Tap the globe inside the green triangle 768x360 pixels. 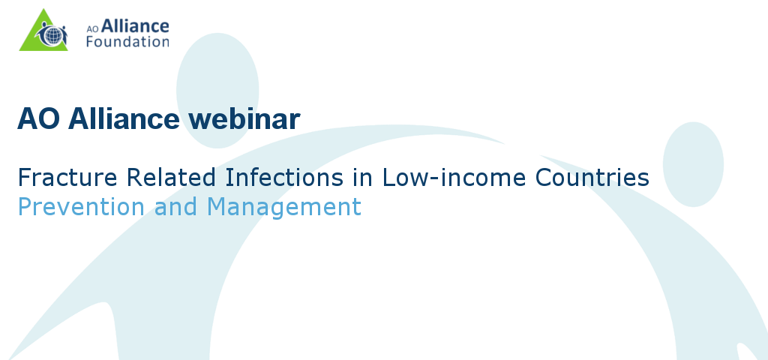click(x=53, y=36)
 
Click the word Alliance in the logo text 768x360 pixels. click(x=135, y=26)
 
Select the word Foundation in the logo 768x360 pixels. click(x=127, y=41)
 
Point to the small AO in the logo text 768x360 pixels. click(x=93, y=28)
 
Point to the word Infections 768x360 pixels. click(x=284, y=177)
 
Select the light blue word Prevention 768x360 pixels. click(x=81, y=206)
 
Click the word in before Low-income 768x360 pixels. click(x=362, y=177)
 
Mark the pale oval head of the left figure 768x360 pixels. click(x=217, y=90)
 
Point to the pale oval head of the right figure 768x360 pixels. click(x=693, y=164)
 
